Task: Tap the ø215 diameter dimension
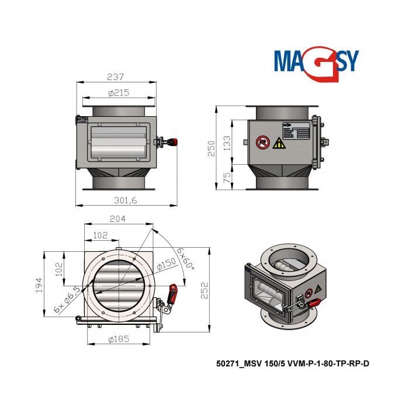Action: point(119,93)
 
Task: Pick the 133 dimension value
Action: point(227,142)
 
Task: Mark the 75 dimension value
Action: point(227,176)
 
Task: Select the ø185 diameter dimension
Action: point(119,339)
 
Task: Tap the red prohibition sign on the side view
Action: point(262,142)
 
